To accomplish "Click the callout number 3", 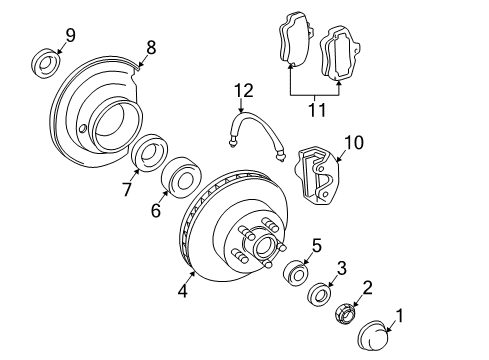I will [x=341, y=267].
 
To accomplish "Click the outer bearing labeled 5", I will [x=297, y=273].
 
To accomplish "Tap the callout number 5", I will [x=316, y=245].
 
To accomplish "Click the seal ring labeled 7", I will [x=149, y=155].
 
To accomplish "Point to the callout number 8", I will [x=151, y=47].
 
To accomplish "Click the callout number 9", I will [x=71, y=36].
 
